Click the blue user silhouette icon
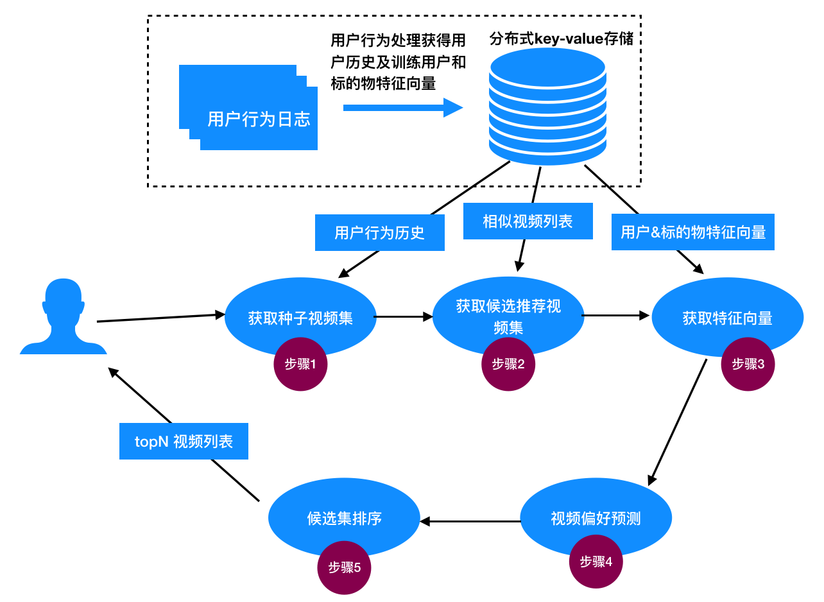63,318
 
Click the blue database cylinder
547,107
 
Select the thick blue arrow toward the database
402,108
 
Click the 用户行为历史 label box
380,232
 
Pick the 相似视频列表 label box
528,222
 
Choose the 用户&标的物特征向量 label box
693,232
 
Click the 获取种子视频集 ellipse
300,316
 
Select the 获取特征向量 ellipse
727,318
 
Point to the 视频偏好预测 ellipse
596,518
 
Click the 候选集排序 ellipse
344,518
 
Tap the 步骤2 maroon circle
508,364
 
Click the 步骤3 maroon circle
748,364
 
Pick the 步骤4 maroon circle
596,562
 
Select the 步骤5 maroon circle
345,567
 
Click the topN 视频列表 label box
184,442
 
